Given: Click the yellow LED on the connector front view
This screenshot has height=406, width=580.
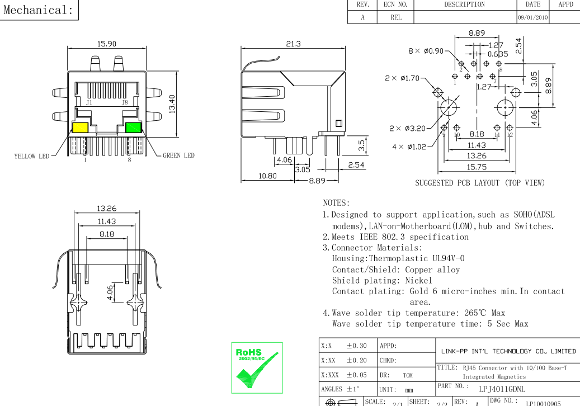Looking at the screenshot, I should coord(80,128).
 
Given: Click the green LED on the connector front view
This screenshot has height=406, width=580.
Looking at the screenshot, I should coord(133,127).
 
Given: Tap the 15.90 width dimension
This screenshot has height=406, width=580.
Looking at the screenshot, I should coord(107,44).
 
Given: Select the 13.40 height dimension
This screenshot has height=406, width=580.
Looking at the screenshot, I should coord(172,103).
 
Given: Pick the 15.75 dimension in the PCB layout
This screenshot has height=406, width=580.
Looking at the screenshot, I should coord(477,167).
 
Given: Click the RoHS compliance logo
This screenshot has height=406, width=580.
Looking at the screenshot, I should coord(257,367).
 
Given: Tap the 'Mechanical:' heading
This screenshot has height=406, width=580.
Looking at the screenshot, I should coord(39,10).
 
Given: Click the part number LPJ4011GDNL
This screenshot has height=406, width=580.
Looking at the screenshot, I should coord(502,388).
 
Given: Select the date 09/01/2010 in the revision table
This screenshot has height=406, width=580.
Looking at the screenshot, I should coord(533,18).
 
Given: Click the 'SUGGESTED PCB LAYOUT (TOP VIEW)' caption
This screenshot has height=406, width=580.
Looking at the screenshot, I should coord(480,183).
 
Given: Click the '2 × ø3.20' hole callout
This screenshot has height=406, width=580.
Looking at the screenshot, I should coord(408,128).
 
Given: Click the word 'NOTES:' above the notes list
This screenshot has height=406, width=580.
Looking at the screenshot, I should coord(337,202).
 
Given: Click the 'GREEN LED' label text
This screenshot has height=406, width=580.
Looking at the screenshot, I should coord(179,155).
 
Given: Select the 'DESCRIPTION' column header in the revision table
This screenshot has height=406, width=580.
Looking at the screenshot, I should coord(464,4).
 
